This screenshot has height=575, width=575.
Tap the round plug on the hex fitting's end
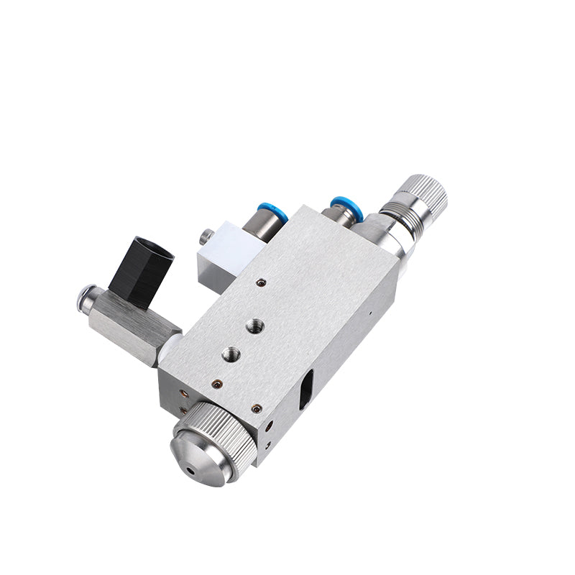[x=86, y=298]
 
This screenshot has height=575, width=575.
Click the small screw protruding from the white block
[x=206, y=234]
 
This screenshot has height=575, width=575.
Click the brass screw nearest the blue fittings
[x=263, y=282]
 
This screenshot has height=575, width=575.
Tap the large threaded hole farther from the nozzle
[x=254, y=326]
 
